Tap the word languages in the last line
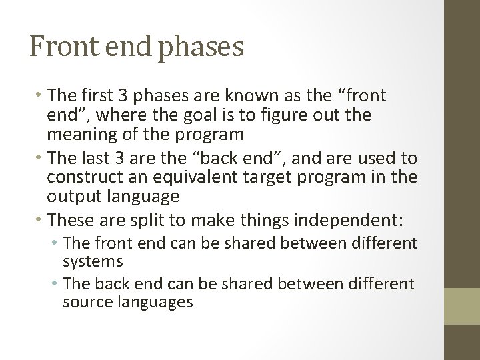[x=161, y=303]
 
